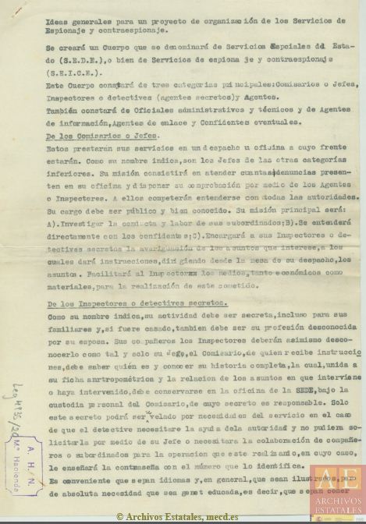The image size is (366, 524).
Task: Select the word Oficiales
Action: coord(142,112)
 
